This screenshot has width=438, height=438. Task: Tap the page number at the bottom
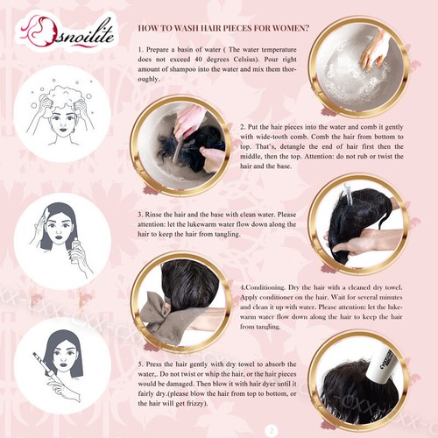tap(271, 430)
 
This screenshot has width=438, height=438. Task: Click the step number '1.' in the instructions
tap(141, 47)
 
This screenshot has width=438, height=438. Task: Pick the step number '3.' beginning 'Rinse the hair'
tap(141, 213)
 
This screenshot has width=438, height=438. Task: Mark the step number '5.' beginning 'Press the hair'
tap(141, 363)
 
